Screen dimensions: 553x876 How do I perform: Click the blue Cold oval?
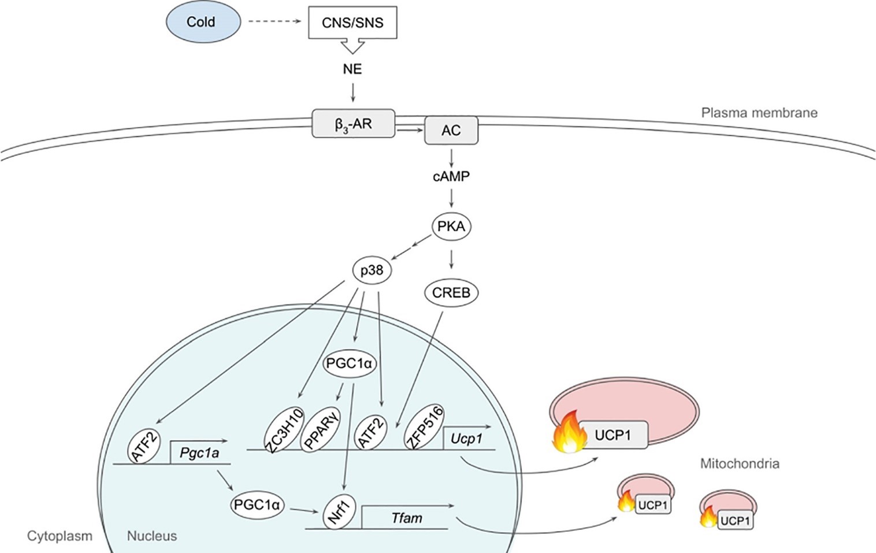coord(203,23)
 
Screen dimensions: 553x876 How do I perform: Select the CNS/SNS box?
coord(352,23)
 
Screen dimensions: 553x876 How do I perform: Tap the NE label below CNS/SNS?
coord(352,69)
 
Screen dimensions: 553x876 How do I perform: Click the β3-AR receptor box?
coord(353,124)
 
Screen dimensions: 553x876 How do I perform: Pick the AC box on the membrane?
coord(451,130)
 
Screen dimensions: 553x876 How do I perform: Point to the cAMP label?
coord(451,176)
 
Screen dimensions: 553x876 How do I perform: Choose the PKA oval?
coord(451,226)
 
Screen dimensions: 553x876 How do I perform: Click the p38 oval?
coord(372,270)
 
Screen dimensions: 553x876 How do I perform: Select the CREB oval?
coord(451,292)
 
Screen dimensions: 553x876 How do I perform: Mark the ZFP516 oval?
coord(425,427)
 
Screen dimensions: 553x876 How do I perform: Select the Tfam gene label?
coord(407,518)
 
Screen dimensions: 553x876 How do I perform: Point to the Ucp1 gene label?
coord(467,439)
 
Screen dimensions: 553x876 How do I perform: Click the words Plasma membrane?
coord(759,113)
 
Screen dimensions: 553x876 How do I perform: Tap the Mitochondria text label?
coord(740,463)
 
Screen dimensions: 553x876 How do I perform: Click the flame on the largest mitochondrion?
coord(569,432)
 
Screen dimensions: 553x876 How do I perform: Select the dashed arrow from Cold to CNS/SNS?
coord(275,22)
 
